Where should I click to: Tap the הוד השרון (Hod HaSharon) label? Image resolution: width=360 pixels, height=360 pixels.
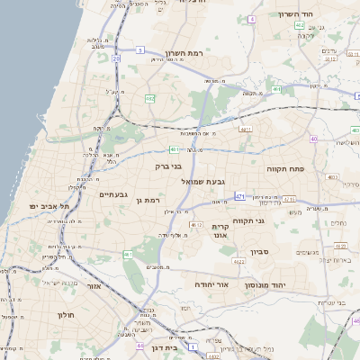point(319,15)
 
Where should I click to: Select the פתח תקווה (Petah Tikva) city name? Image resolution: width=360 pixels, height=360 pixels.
point(287,168)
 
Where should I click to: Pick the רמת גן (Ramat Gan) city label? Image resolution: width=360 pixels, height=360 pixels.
point(158,200)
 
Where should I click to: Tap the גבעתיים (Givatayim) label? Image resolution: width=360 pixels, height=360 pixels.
point(116,194)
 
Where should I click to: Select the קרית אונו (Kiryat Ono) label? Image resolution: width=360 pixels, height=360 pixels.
point(220,231)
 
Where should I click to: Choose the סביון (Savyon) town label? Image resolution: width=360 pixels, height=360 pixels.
point(260,252)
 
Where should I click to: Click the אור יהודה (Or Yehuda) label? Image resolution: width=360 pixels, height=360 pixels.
point(212,284)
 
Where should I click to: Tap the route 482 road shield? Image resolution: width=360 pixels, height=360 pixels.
point(149,97)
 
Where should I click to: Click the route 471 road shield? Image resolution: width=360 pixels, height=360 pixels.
point(239,195)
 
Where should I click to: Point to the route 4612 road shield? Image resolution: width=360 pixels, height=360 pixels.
point(195,224)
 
